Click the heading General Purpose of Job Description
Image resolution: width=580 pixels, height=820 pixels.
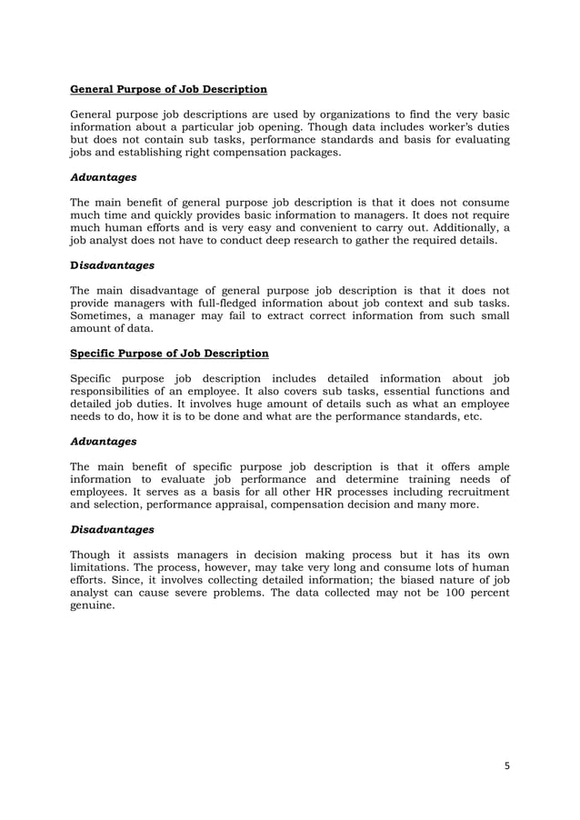coord(168,89)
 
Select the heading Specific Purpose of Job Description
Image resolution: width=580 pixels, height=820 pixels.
coord(169,353)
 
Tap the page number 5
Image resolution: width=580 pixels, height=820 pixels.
coord(506,765)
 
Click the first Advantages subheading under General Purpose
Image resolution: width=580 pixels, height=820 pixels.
coord(104,177)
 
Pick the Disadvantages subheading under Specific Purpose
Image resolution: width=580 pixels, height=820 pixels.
coord(112,528)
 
